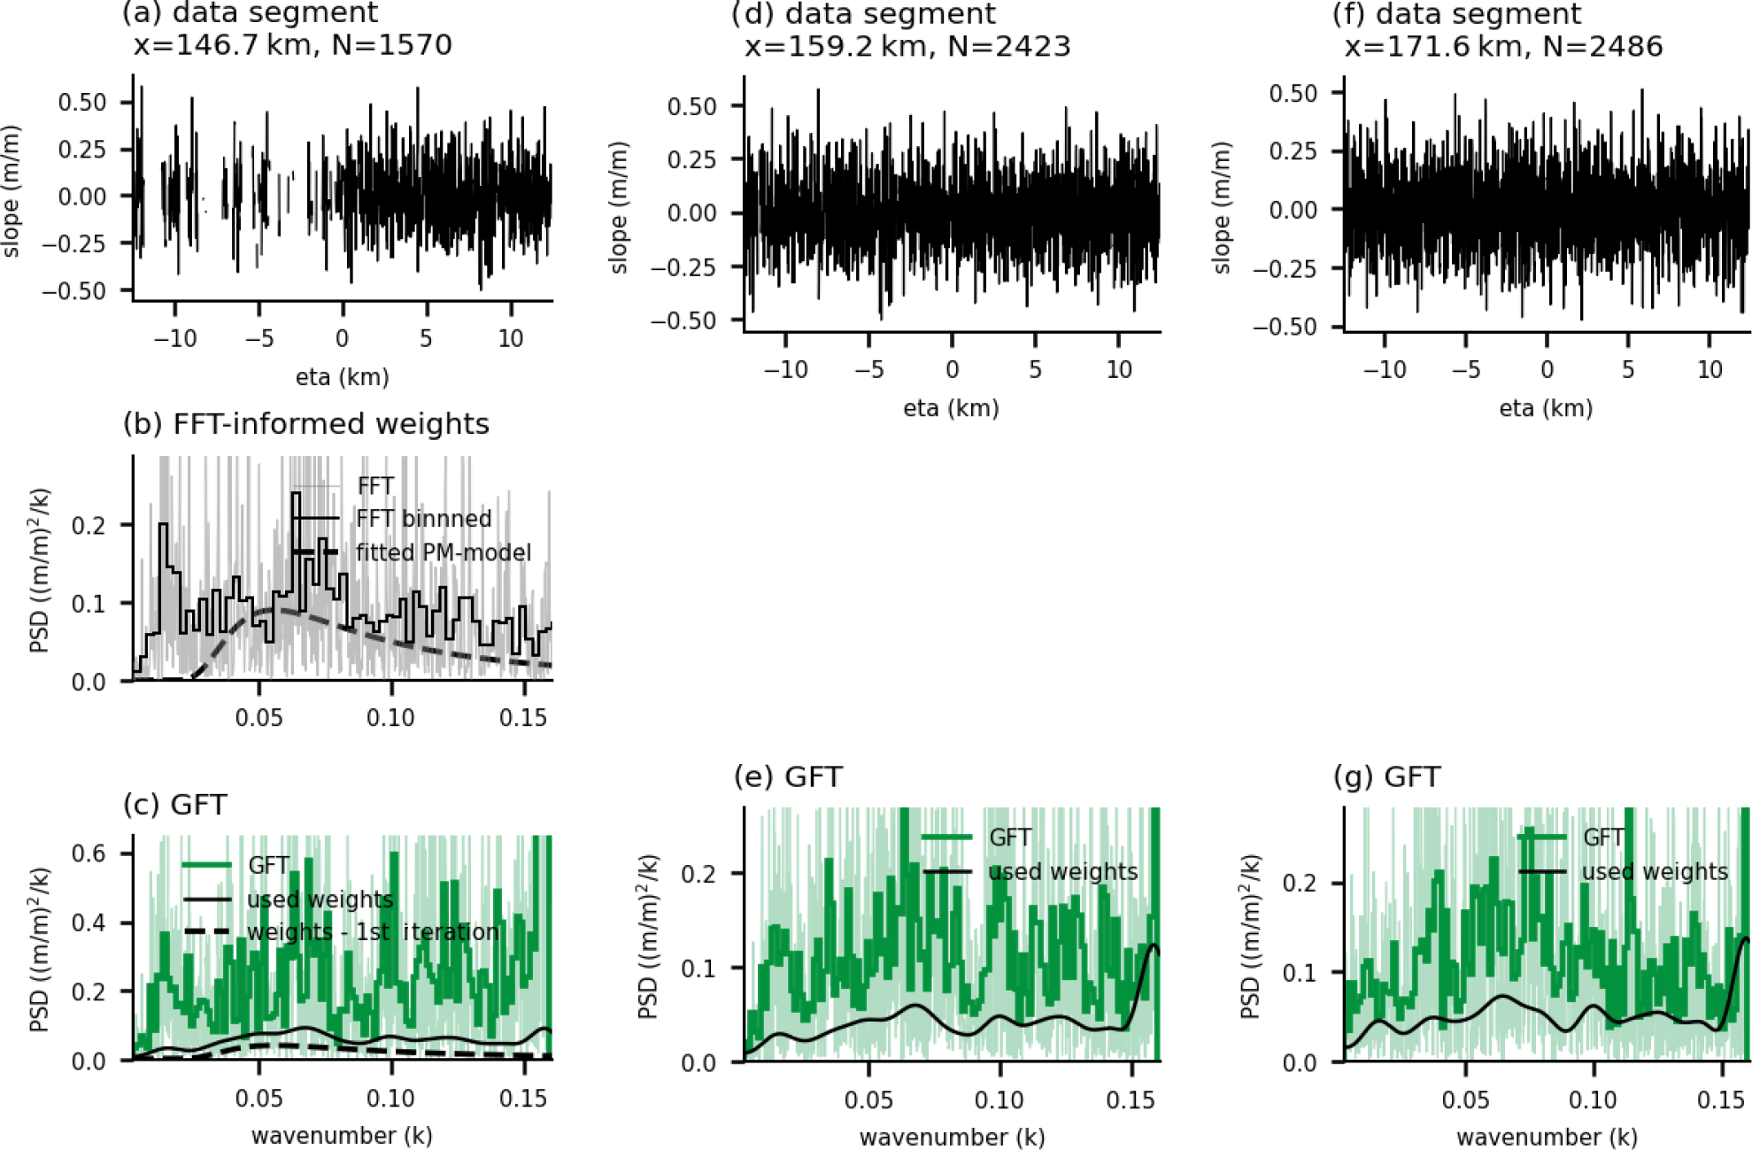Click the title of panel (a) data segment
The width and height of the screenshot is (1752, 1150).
[x=251, y=13]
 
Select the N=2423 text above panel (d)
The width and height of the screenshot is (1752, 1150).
[x=1008, y=46]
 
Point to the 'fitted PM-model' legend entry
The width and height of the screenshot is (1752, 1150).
[x=443, y=552]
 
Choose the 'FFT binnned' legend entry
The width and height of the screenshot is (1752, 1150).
[x=423, y=519]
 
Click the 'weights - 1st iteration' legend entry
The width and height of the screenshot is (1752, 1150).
[x=372, y=932]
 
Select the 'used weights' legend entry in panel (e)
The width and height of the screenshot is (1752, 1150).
[x=1062, y=872]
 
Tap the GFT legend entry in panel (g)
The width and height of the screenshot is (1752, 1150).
[x=1603, y=837]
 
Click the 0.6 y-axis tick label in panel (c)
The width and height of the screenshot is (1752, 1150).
[x=89, y=853]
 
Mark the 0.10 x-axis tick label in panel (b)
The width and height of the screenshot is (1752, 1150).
[x=390, y=717]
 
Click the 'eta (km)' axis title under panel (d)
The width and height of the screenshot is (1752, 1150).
[x=951, y=408]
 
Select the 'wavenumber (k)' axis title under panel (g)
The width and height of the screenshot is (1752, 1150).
[x=1547, y=1137]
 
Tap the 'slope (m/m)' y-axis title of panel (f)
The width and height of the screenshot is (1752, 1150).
[x=1222, y=208]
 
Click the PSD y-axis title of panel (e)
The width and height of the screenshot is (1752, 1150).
[x=649, y=937]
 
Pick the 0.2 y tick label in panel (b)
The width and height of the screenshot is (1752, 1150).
[x=89, y=526]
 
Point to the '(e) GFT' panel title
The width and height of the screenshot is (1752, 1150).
[x=787, y=777]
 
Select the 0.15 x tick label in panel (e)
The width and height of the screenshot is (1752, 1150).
[x=1131, y=1100]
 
